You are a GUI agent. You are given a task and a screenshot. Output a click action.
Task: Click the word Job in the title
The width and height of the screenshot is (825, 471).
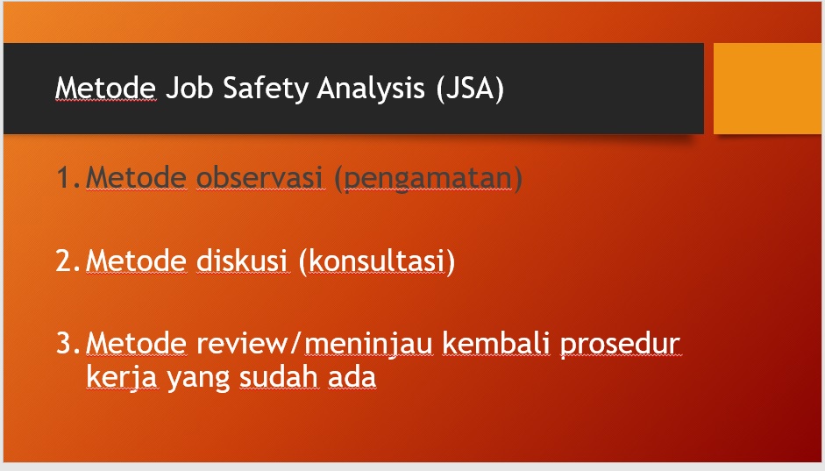click(189, 88)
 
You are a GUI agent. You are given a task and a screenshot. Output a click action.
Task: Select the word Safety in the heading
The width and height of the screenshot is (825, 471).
click(266, 89)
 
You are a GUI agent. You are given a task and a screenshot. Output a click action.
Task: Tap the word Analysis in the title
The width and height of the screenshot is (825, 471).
click(370, 89)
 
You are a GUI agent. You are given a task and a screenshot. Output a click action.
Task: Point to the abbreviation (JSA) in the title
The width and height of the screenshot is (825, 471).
click(470, 89)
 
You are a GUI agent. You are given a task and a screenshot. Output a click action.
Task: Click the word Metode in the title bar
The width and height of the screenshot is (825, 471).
click(106, 88)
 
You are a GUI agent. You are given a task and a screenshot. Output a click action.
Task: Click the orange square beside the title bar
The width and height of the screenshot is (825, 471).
click(769, 89)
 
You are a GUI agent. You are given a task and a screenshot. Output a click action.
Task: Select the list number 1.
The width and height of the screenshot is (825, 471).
click(68, 177)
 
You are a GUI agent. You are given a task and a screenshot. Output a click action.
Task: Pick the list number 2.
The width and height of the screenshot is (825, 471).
click(68, 260)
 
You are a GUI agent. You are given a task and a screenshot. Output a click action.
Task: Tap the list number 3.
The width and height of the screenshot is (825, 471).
click(68, 343)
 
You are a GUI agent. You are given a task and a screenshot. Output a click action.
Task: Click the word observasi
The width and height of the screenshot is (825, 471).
click(260, 177)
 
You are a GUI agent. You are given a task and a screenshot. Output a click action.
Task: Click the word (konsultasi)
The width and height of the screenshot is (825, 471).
click(377, 261)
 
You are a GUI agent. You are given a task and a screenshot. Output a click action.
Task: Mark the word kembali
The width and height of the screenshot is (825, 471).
click(496, 343)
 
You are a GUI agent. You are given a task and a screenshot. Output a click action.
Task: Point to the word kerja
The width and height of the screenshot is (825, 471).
click(122, 378)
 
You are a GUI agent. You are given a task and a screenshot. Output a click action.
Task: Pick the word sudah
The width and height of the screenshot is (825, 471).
click(279, 376)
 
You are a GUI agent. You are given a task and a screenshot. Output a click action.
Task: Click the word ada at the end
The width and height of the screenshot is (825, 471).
click(352, 376)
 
